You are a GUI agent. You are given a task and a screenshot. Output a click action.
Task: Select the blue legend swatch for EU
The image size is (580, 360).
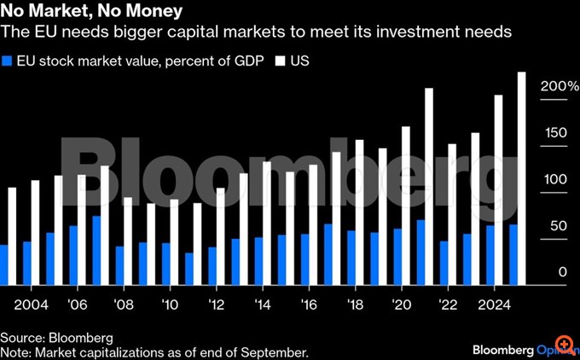coord(8,61)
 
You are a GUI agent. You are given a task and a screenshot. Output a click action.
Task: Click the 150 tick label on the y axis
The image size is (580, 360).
coord(554,133)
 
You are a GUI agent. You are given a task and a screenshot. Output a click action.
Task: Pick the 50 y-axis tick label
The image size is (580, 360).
coord(558,225)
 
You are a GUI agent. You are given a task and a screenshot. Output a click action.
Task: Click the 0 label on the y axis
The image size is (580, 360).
coord(562,272)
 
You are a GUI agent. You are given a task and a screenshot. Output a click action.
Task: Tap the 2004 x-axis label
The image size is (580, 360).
coord(32,304)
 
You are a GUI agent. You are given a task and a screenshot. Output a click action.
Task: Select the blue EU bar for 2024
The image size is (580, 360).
coord(490,255)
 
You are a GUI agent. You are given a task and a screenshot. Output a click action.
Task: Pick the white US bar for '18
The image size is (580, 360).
coord(359,212)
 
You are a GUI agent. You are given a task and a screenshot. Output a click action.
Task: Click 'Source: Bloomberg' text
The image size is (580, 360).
coord(56,338)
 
